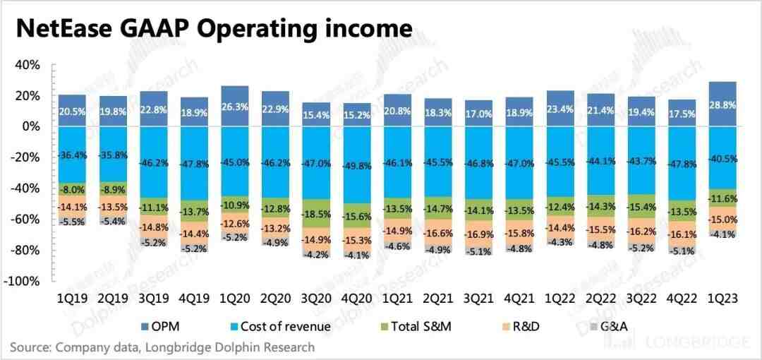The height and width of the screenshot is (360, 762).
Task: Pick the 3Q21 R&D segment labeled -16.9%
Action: [480, 235]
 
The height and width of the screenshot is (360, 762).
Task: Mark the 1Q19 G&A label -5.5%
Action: [71, 221]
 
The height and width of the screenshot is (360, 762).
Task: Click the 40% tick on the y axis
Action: [28, 65]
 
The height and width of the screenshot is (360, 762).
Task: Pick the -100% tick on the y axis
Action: [23, 281]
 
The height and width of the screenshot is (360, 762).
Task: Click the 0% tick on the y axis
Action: [30, 127]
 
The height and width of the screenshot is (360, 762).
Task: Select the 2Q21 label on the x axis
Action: [438, 299]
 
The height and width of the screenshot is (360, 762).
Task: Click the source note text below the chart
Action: [162, 347]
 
